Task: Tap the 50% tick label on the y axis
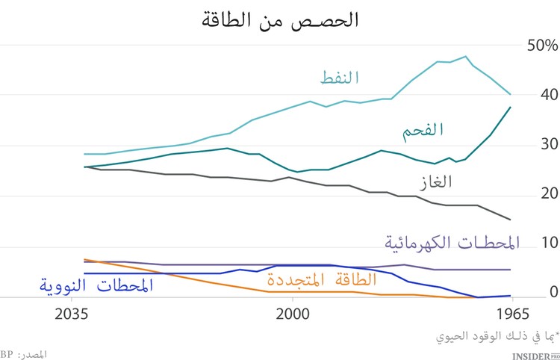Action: (x=541, y=46)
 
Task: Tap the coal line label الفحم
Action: (x=421, y=128)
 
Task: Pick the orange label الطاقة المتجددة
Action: (x=322, y=281)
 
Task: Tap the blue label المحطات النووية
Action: (x=96, y=285)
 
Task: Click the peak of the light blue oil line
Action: (x=465, y=56)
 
